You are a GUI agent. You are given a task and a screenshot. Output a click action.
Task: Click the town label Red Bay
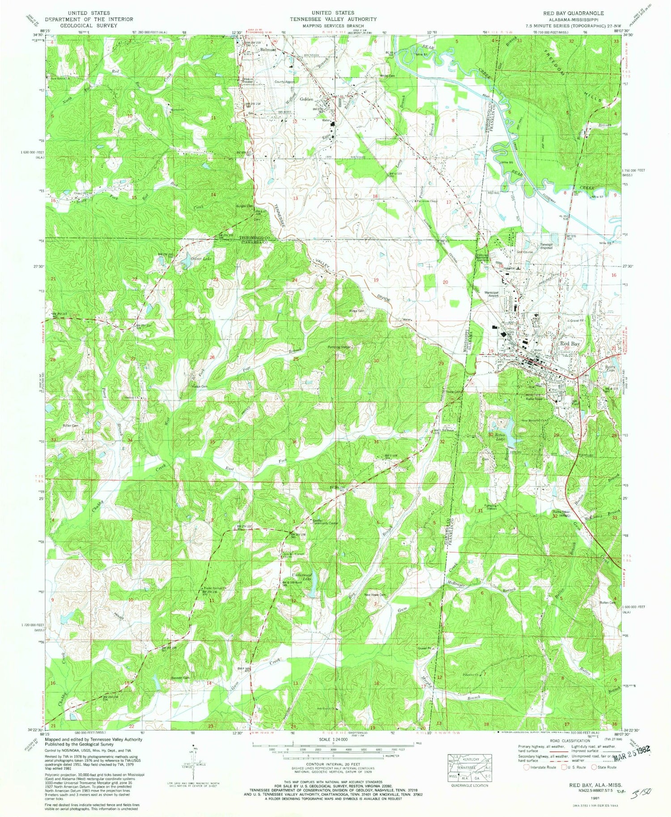570,344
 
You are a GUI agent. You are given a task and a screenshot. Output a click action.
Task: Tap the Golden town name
306,99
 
